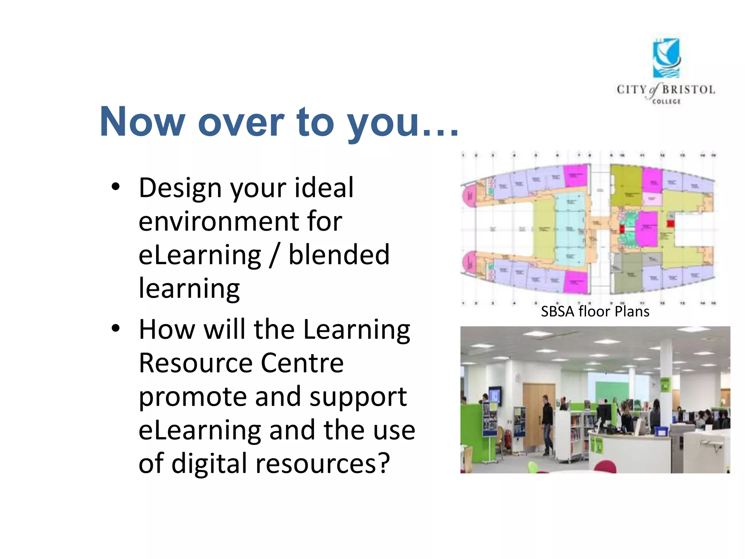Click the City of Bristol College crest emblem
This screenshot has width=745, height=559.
click(666, 58)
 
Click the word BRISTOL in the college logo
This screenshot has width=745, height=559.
click(688, 90)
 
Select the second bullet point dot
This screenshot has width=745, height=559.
click(116, 328)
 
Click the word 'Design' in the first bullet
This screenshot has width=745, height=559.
click(180, 189)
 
